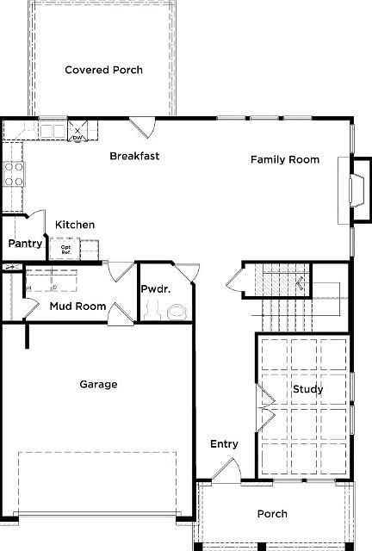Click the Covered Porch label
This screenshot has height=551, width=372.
[x=103, y=70]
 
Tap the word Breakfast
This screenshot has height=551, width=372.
[x=134, y=156]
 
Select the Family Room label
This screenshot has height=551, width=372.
[x=284, y=159]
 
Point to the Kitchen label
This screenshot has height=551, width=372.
[x=75, y=225]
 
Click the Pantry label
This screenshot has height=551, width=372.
[x=26, y=244]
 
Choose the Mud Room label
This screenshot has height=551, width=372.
[x=77, y=306]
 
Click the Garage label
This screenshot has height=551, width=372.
[x=98, y=384]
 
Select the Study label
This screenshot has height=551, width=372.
[x=307, y=389]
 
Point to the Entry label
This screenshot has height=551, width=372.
[x=224, y=444]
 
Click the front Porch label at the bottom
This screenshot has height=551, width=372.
[x=272, y=514]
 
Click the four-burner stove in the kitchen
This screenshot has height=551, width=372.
[x=14, y=175]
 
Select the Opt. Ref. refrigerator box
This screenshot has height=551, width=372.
[x=65, y=249]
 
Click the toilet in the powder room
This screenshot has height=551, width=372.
[x=177, y=312]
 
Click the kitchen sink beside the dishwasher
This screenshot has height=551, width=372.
[x=53, y=131]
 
